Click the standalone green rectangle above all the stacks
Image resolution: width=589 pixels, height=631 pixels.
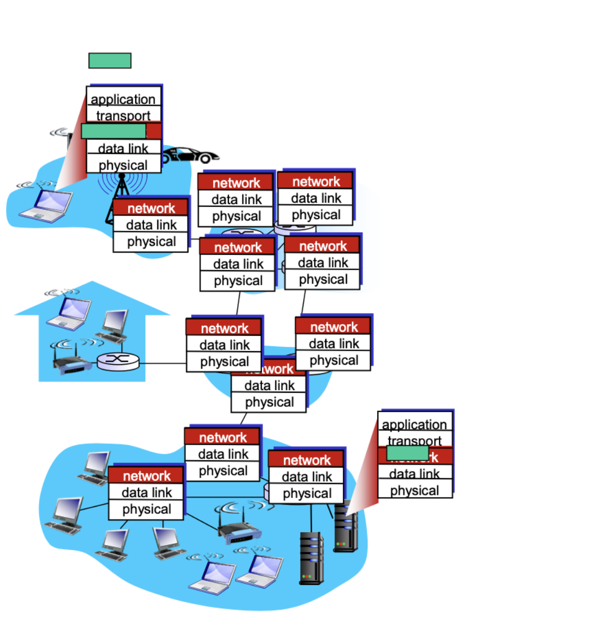click(110, 61)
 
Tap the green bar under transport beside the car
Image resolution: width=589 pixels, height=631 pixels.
click(113, 131)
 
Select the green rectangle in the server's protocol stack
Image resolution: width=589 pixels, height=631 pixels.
click(407, 453)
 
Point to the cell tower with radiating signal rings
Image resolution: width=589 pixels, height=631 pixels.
click(122, 194)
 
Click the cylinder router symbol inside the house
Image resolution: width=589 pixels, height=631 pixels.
click(118, 361)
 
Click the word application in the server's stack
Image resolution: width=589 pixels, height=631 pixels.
click(414, 425)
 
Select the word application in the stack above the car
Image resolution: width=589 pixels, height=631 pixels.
click(123, 99)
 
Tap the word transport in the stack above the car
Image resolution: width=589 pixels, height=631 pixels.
click(123, 116)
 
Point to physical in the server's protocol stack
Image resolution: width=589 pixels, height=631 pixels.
click(414, 490)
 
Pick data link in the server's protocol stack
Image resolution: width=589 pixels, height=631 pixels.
click(414, 474)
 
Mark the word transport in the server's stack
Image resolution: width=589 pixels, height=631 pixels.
click(414, 440)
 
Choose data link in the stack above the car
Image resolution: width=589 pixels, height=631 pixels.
click(123, 148)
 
